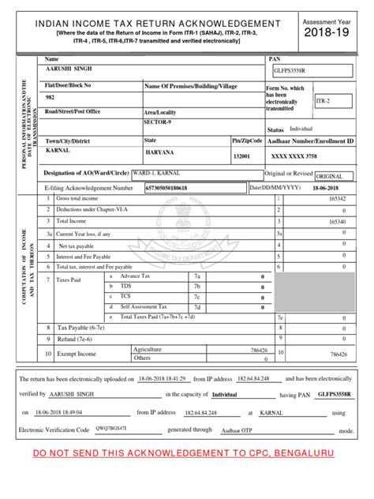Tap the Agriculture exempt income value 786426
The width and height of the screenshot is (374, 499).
pos(257,349)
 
